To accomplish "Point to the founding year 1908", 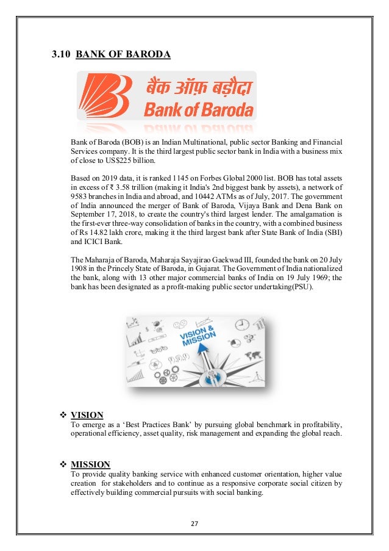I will pyautogui.click(x=82, y=269).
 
